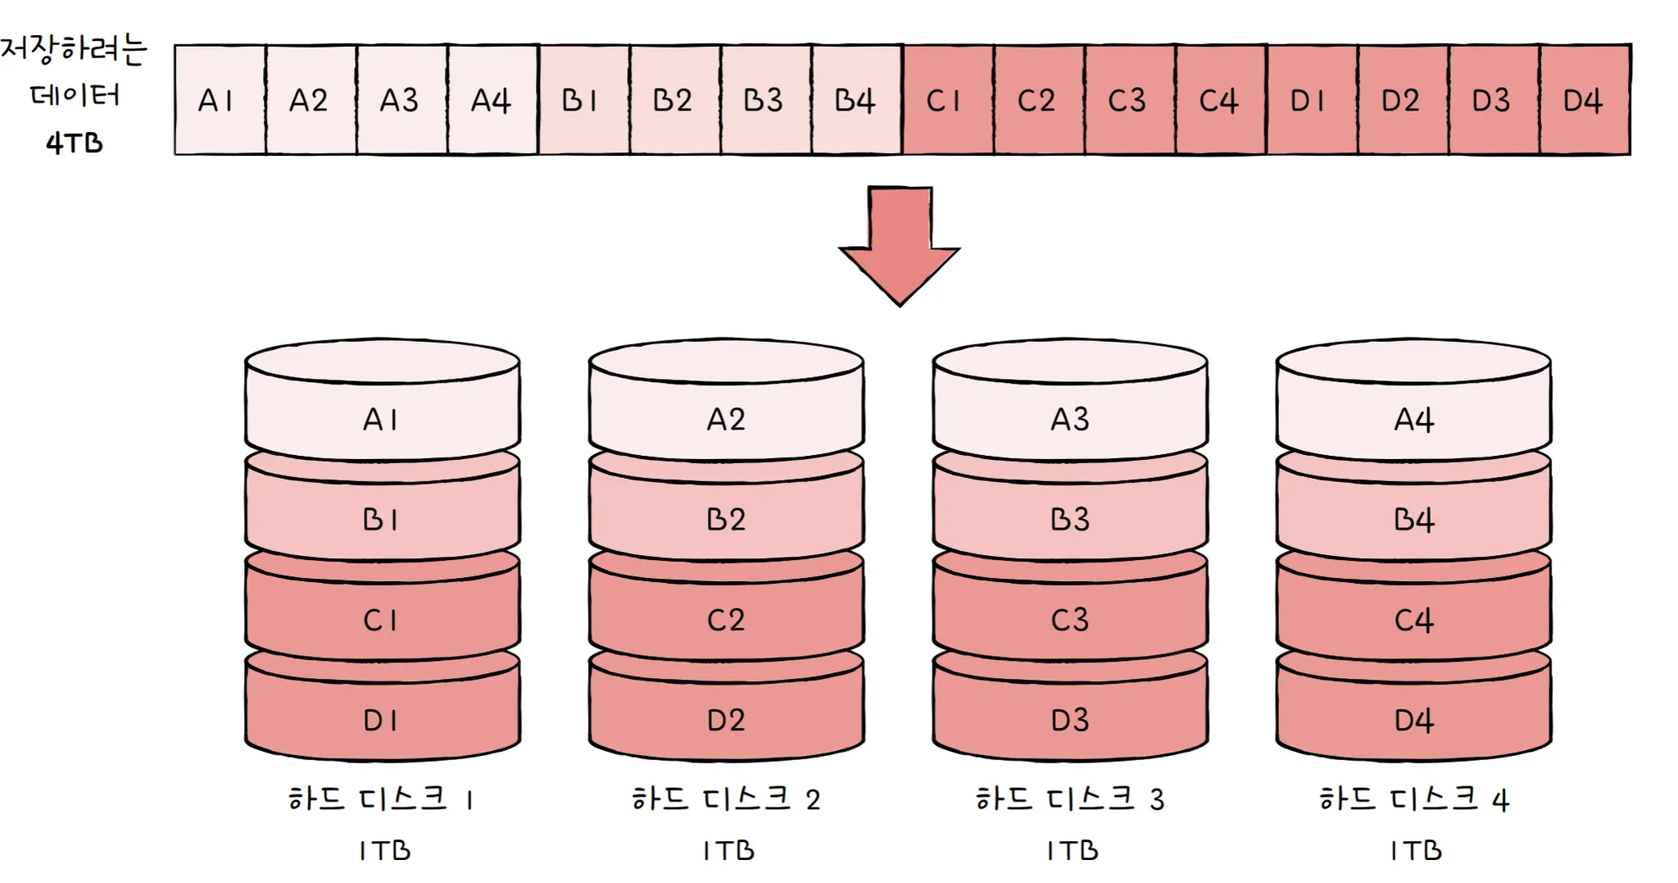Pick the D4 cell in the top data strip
point(1584,100)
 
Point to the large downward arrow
point(900,245)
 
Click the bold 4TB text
point(75,143)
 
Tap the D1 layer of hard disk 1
point(382,720)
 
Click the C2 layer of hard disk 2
point(726,620)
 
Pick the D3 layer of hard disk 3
point(1070,720)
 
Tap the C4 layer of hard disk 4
point(1414,620)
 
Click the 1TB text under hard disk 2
point(728,850)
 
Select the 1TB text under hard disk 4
point(1416,850)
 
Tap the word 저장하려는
point(74,49)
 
